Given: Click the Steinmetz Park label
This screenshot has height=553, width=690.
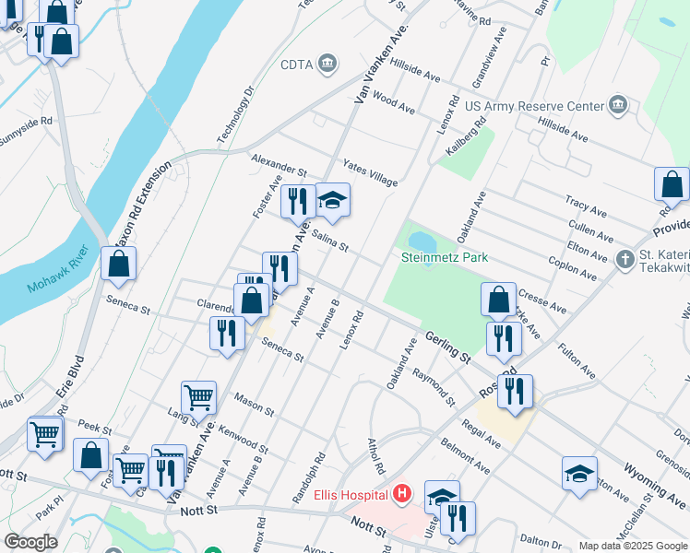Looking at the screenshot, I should click(x=445, y=258).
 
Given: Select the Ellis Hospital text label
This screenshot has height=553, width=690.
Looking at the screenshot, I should click(x=351, y=495).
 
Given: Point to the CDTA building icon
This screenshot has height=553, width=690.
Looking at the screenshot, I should click(x=327, y=63).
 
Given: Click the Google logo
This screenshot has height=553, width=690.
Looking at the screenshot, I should click(x=31, y=542).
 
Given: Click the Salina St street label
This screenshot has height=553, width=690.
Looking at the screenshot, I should click(x=329, y=241).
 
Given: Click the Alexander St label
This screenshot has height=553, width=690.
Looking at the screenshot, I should click(x=279, y=165).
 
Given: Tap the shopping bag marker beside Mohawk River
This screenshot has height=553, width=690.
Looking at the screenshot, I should click(x=119, y=264).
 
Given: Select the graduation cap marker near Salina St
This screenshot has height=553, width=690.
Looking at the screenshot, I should click(x=332, y=200).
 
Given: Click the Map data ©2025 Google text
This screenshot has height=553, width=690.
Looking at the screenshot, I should click(x=632, y=546).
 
